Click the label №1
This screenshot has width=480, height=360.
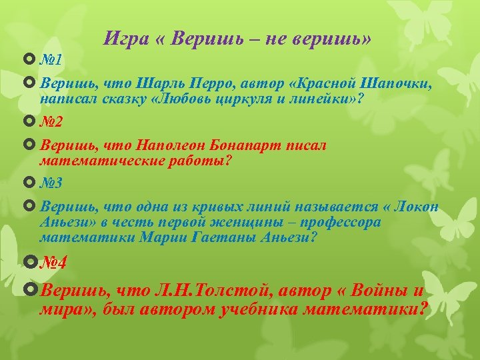point(51,60)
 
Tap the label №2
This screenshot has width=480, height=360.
point(51,122)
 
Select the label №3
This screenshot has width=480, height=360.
point(51,182)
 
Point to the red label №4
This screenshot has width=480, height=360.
point(53,262)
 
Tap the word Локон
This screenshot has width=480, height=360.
point(417,206)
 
